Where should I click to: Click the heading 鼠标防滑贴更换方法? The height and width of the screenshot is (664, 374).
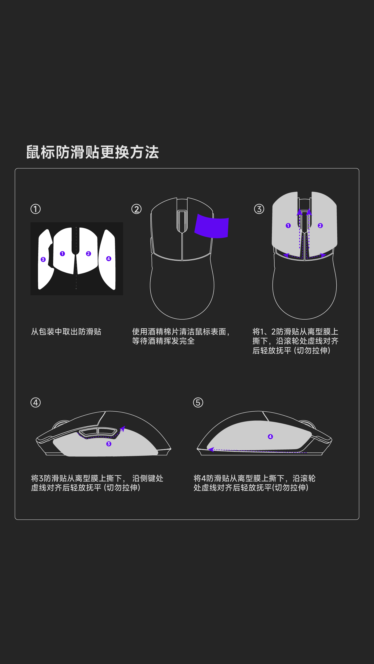coord(92,152)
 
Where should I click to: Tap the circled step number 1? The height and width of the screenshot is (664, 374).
coord(36,209)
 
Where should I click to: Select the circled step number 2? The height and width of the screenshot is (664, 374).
coord(137,209)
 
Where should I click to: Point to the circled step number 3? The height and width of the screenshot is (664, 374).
coord(259,209)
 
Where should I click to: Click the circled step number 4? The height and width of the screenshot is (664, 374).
coord(36,402)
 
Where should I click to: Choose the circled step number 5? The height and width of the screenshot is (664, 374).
coord(198,402)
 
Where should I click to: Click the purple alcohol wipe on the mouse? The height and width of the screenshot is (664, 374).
coord(212,226)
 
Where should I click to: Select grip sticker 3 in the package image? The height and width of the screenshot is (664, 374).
coord(45,259)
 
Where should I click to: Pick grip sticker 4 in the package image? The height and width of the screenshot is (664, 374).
coord(107,259)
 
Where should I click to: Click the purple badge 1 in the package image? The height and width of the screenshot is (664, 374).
coord(62,253)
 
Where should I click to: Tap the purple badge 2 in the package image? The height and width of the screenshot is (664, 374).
coord(88,253)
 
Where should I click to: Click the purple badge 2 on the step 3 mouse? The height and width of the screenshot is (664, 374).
coord(320,225)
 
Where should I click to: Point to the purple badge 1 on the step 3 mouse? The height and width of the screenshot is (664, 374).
coord(288,225)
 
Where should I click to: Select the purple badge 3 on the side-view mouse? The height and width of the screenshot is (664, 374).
coord(109,444)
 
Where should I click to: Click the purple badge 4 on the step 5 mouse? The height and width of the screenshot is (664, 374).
coord(270,436)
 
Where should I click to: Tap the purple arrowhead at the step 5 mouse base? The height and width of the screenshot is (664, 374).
coord(211,450)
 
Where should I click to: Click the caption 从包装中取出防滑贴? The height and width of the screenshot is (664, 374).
coord(66,332)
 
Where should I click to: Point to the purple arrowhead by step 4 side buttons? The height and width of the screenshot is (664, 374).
coord(122,429)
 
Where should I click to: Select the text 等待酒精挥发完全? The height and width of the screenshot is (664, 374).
coord(163,341)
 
